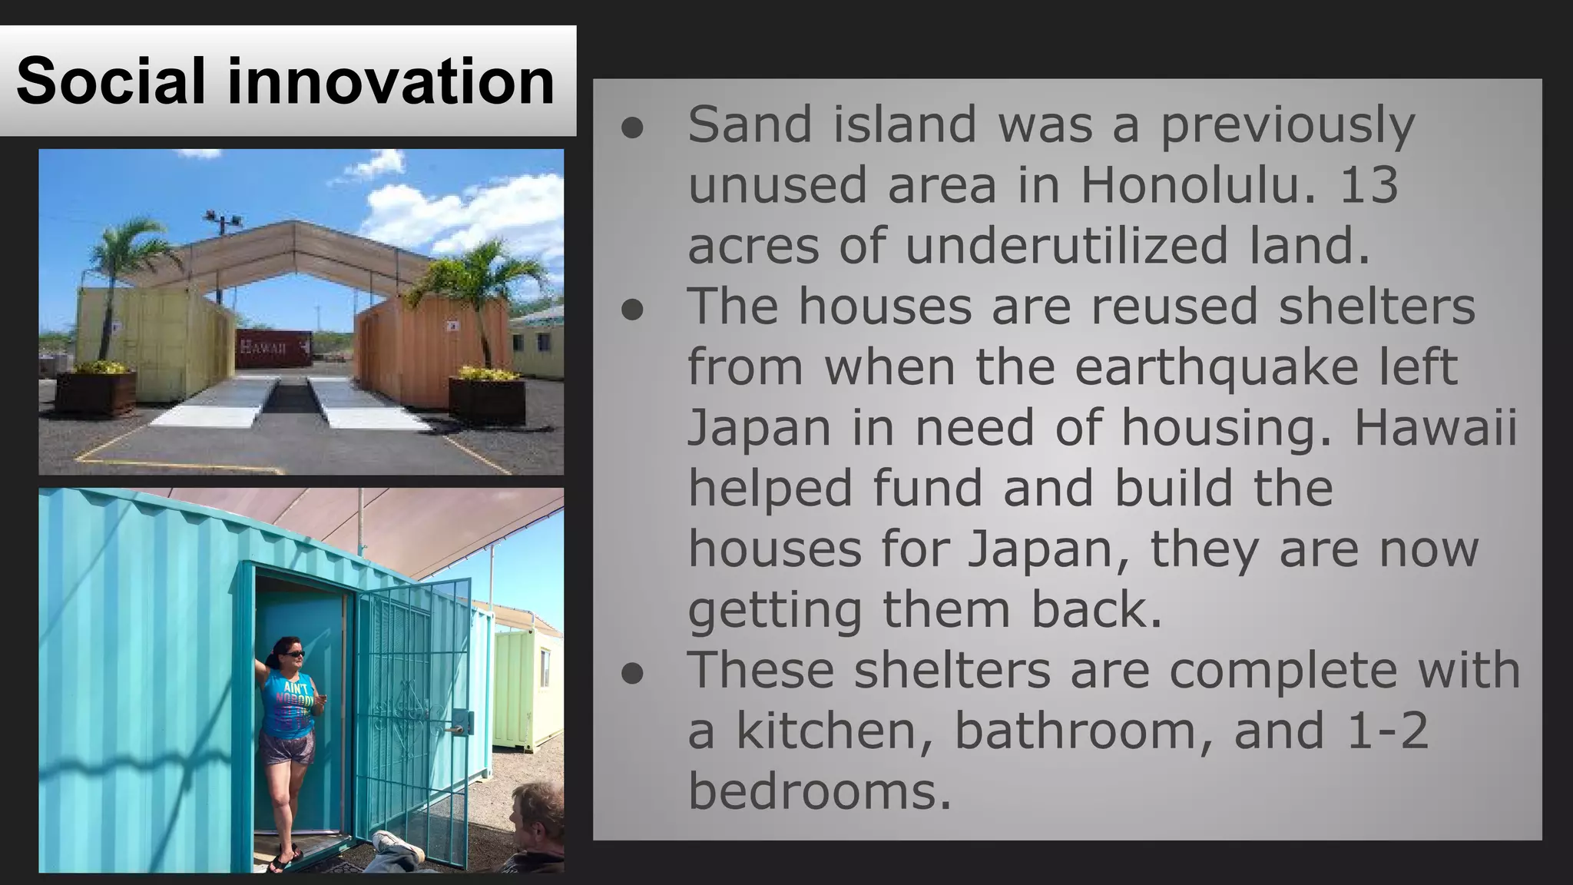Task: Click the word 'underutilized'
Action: [x=1067, y=246]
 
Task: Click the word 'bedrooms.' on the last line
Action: [x=819, y=791]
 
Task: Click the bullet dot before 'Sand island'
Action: [x=632, y=128]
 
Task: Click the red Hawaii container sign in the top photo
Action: [x=273, y=347]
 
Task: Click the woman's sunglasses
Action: [x=294, y=654]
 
